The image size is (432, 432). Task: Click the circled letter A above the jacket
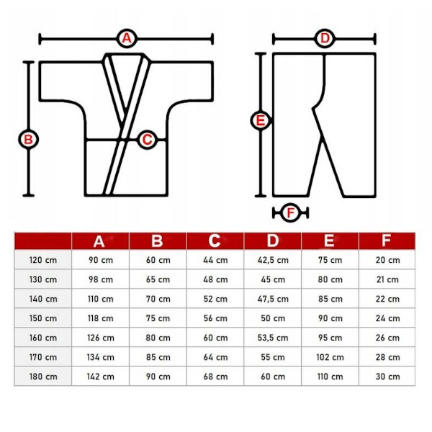(127, 38)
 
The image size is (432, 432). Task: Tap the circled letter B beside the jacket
(28, 139)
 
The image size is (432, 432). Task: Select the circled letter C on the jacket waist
(147, 140)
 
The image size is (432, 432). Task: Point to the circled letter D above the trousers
(325, 38)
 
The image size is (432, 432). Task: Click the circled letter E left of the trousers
(261, 121)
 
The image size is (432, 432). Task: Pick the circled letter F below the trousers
(290, 212)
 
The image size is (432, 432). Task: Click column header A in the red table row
(99, 242)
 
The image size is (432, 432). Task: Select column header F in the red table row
(386, 240)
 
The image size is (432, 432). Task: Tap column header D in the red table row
(272, 240)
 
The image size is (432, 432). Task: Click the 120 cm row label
(43, 260)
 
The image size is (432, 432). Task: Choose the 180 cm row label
(43, 377)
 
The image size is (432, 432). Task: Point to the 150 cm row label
(43, 318)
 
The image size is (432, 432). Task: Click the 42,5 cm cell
(273, 260)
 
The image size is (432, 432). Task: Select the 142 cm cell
(101, 377)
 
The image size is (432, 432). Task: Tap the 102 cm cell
(330, 357)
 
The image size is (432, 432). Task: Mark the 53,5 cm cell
(273, 338)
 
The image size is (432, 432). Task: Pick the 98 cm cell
(101, 279)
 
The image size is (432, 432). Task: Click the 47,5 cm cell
(273, 299)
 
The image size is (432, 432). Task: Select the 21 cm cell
(387, 279)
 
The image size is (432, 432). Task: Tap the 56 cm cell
(215, 318)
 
